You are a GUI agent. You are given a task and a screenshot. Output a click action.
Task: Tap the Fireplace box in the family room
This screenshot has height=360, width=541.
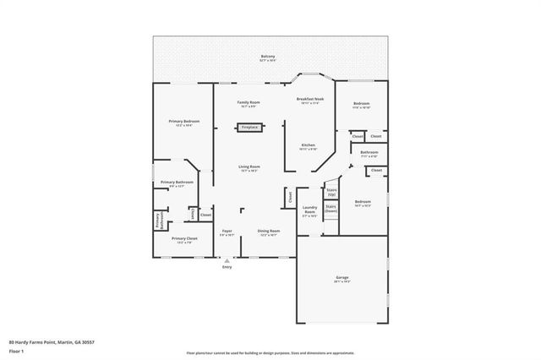click(x=249, y=127)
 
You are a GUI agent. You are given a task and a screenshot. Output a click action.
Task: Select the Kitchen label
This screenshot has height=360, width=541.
click(x=309, y=145)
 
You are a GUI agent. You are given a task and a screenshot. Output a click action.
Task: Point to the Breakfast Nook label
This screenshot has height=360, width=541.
click(x=309, y=100)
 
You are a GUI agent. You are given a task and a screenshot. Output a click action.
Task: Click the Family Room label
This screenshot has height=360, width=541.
click(x=249, y=102)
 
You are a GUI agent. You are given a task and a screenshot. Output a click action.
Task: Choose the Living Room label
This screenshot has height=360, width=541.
click(x=249, y=167)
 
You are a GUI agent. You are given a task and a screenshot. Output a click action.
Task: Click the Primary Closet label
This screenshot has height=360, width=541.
click(x=184, y=238)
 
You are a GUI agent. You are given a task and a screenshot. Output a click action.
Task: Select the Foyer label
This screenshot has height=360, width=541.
click(x=227, y=231)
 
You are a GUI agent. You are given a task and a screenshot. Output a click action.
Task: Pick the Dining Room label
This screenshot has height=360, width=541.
click(x=269, y=231)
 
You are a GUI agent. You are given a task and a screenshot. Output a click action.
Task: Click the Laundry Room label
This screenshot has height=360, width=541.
click(x=309, y=210)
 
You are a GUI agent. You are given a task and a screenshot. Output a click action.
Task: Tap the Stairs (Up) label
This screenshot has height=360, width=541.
click(x=331, y=192)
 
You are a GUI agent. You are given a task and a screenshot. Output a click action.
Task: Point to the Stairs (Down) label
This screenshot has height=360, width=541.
click(x=331, y=208)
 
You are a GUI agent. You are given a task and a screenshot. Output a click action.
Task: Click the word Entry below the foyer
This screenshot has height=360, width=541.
click(x=227, y=268)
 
